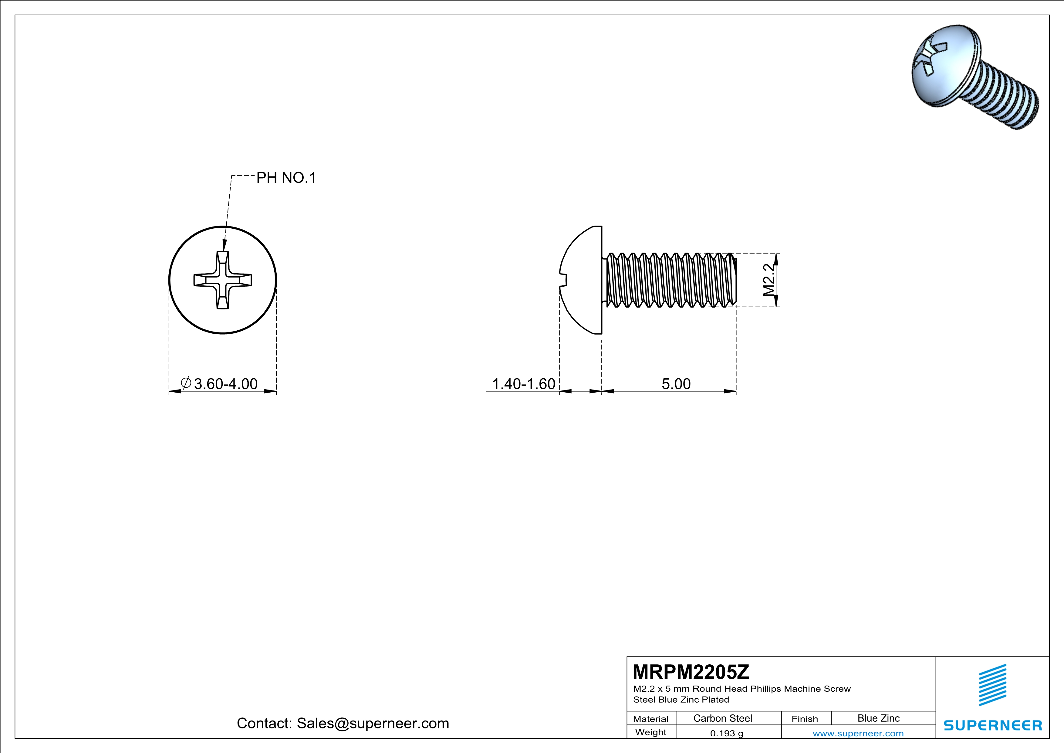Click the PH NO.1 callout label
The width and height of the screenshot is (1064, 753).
pos(286,178)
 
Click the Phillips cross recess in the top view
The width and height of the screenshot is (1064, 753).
pos(222,280)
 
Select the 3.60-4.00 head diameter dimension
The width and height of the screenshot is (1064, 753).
pos(225,384)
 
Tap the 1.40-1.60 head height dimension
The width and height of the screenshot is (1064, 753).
pos(523,384)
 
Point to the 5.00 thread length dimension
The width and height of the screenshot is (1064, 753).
pos(676,384)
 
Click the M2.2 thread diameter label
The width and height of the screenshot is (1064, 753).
pos(768,280)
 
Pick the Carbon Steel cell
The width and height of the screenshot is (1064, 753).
pos(722,718)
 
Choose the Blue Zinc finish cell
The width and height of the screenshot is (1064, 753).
pos(878,718)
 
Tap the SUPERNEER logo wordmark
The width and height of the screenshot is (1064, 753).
pos(993,725)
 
